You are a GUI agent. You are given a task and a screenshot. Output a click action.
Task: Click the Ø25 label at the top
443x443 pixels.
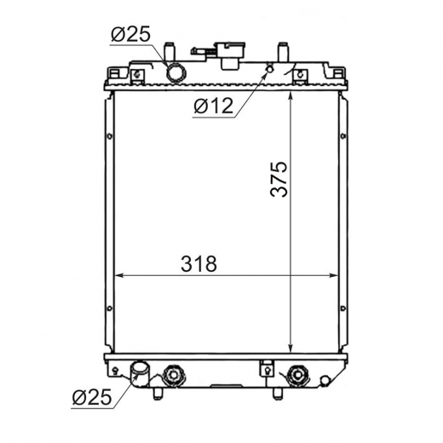coord(130,35)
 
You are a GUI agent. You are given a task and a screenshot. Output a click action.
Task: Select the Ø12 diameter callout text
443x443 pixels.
coord(214,106)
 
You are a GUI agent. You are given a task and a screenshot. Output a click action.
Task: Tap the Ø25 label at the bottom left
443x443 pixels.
coord(92,397)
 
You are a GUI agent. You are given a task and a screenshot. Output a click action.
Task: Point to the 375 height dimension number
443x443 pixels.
coord(279,179)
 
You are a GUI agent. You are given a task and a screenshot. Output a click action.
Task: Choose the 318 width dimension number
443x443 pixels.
coord(198,263)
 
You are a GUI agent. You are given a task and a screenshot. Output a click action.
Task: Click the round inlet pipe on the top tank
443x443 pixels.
coord(176,72)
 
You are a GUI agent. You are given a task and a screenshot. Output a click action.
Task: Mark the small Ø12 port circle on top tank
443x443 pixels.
coord(270,68)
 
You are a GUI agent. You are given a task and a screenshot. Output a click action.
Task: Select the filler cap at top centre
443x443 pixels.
coord(230,55)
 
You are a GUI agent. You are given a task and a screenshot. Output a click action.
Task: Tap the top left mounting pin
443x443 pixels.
coord(170,52)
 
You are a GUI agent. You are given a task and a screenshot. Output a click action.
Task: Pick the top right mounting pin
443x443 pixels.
coord(284,52)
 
